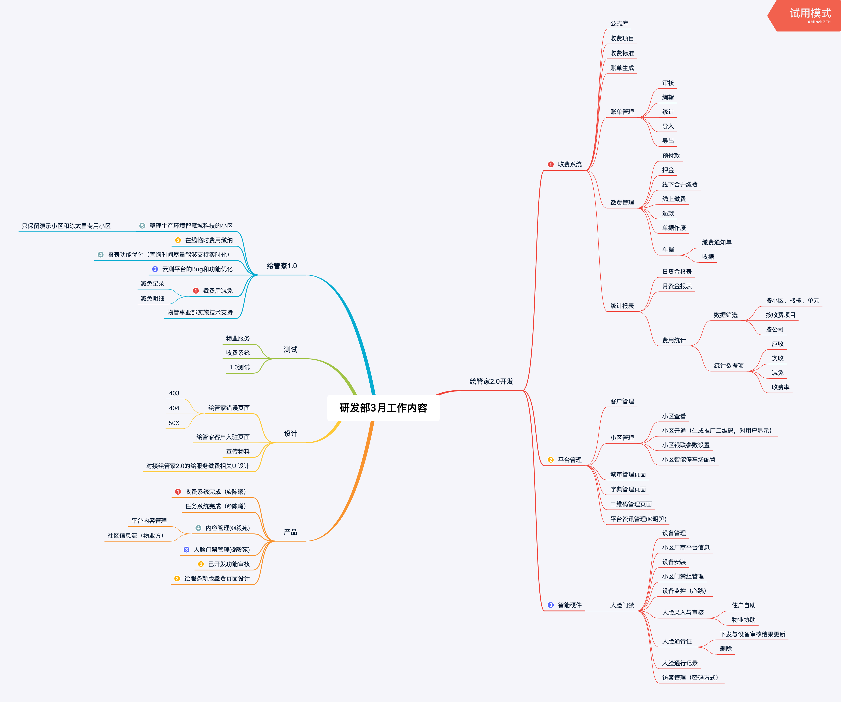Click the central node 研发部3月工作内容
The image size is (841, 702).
[383, 408]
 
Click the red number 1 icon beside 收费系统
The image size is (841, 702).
[551, 164]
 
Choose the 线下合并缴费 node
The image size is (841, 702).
[680, 184]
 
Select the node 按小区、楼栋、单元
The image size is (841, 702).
[792, 300]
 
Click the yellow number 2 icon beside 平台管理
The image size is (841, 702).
[551, 460]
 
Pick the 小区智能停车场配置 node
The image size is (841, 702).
[688, 459]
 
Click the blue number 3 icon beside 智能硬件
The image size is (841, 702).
[551, 605]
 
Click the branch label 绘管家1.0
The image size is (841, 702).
[282, 266]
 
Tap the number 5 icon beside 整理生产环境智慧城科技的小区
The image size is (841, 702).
[142, 226]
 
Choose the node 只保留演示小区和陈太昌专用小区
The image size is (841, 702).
[66, 226]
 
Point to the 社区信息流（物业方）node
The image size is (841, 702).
[135, 535]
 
